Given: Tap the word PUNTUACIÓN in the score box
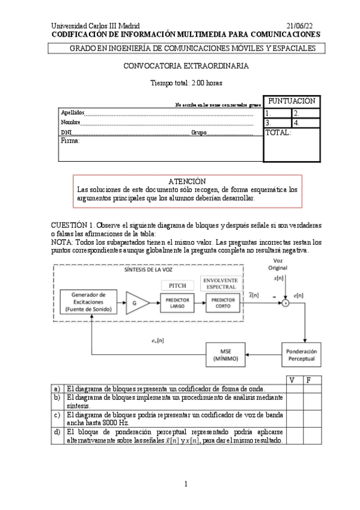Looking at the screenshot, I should (291, 101).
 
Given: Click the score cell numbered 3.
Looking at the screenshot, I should (277, 123).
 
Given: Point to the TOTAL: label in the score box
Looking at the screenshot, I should (278, 133).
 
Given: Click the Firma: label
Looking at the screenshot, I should (70, 141).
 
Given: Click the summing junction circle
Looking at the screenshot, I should (286, 304).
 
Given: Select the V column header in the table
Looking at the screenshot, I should (293, 380).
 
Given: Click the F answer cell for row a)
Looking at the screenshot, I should (310, 389).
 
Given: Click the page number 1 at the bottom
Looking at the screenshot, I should (186, 484).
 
